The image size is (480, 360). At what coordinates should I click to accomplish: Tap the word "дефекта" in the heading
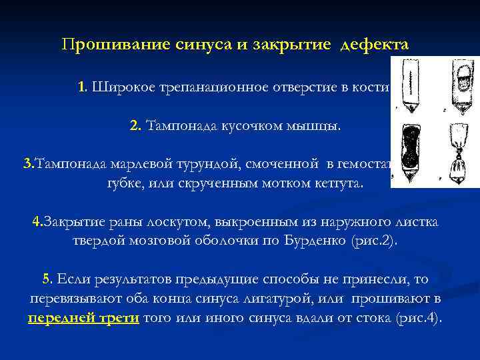(x=374, y=46)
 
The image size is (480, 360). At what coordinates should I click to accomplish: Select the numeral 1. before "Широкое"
(x=83, y=87)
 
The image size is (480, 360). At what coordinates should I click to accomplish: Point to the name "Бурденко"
(x=313, y=241)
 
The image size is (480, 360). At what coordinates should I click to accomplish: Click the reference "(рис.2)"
(x=374, y=241)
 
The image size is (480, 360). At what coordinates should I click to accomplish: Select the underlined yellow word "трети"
(x=121, y=317)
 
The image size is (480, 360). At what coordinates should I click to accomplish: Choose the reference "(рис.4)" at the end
(x=419, y=317)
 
